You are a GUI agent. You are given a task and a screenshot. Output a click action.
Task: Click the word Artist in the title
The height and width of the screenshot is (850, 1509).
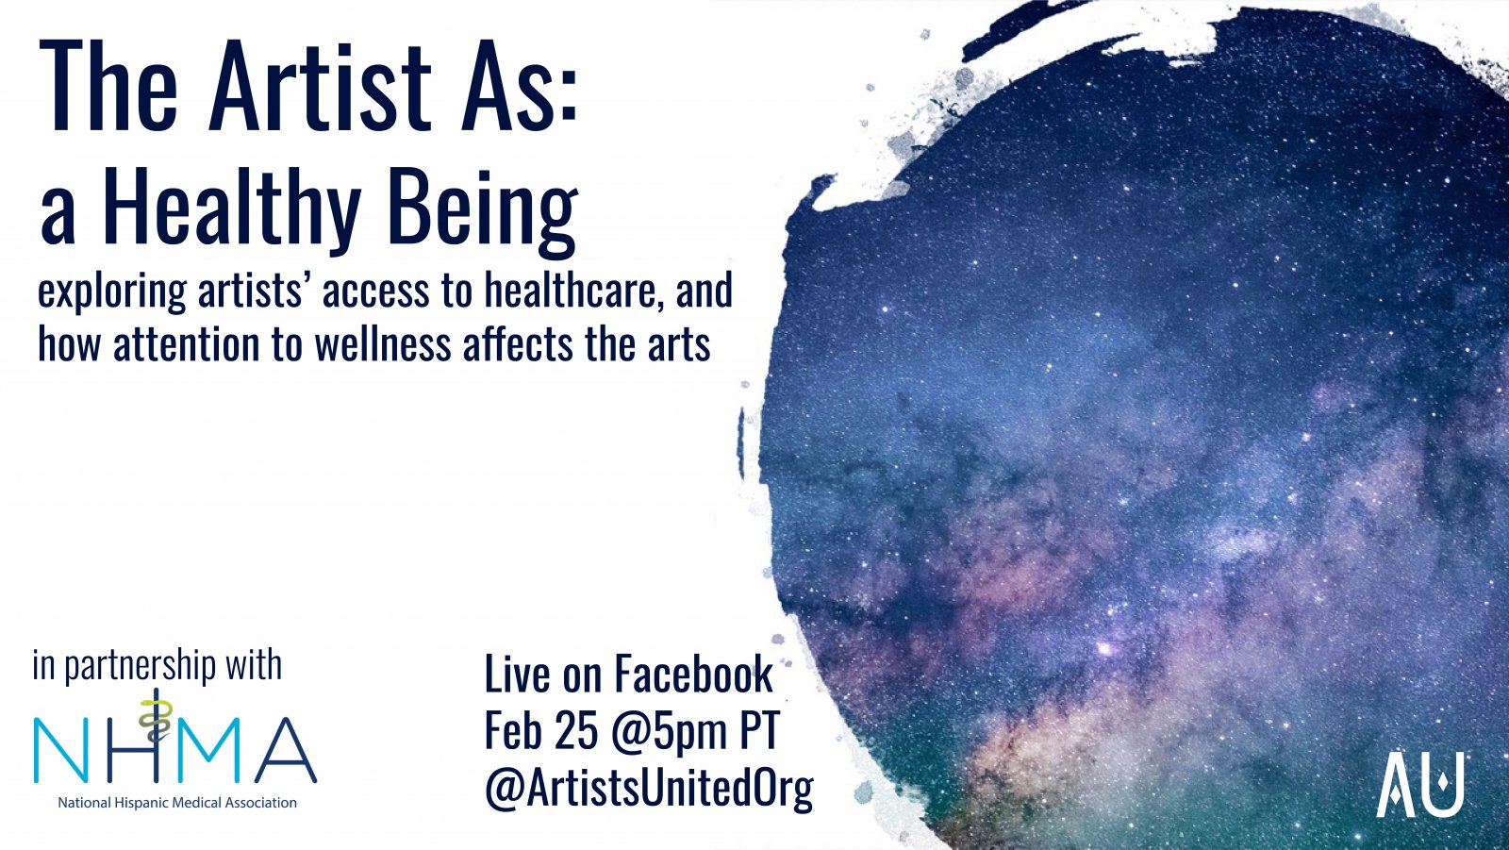[x=320, y=86]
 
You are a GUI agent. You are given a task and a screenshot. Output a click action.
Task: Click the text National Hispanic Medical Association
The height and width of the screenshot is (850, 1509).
[x=177, y=803]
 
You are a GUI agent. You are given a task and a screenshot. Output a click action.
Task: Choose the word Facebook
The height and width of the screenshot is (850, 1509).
[x=693, y=674]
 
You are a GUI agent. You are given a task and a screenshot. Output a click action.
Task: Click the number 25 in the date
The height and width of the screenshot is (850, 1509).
[x=576, y=730]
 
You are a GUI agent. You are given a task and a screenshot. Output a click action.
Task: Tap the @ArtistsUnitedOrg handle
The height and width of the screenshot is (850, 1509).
[x=650, y=789]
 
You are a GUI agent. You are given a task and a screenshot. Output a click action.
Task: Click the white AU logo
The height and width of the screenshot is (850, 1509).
[x=1420, y=784]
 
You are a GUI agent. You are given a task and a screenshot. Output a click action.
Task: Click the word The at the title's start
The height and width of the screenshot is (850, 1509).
[x=108, y=86]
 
